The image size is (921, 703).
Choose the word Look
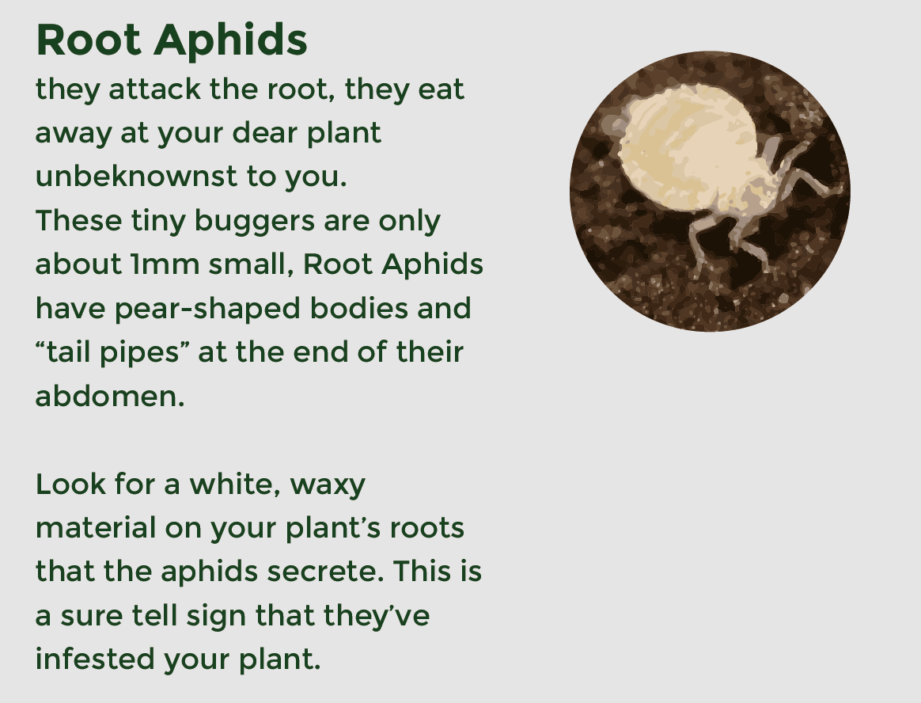70,484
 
